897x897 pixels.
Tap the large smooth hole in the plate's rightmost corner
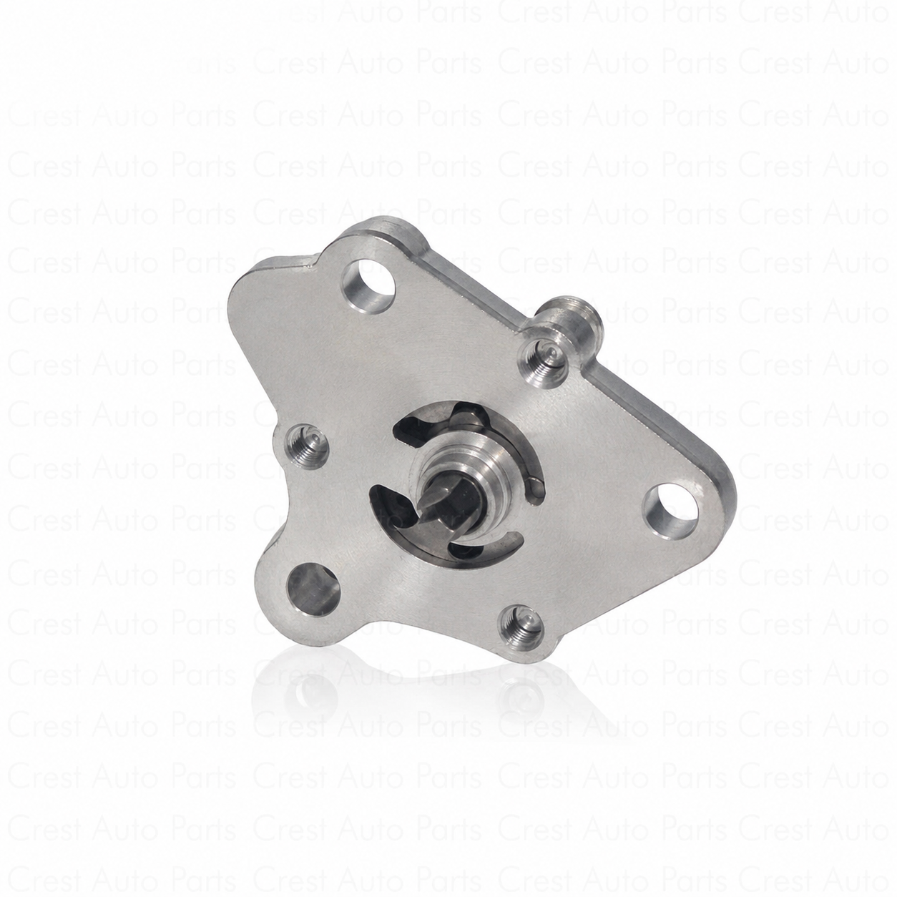pos(671,511)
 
